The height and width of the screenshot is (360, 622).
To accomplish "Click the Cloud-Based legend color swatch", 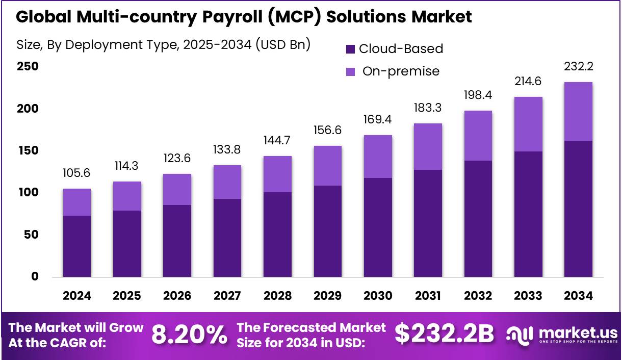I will tap(351, 49).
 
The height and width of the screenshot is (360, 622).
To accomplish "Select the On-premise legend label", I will tap(401, 71).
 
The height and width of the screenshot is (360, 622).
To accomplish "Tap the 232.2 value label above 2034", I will tap(578, 67).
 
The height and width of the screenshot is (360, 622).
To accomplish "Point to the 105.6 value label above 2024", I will tap(77, 173).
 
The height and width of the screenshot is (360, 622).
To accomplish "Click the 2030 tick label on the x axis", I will tap(378, 296).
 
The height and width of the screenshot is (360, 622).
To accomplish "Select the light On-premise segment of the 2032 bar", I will tap(478, 136).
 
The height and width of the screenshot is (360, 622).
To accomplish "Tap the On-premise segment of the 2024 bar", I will tap(77, 202).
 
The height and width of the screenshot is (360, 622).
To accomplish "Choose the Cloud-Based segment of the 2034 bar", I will tap(578, 209).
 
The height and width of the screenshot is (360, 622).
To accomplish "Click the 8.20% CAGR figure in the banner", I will tap(189, 335).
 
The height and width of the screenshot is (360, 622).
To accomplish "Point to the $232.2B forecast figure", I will tap(444, 334).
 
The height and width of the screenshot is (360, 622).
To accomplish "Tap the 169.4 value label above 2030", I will tap(378, 120).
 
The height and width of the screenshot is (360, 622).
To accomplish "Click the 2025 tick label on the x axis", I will tap(127, 296).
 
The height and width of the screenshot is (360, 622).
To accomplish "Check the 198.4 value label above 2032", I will tap(478, 95).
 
